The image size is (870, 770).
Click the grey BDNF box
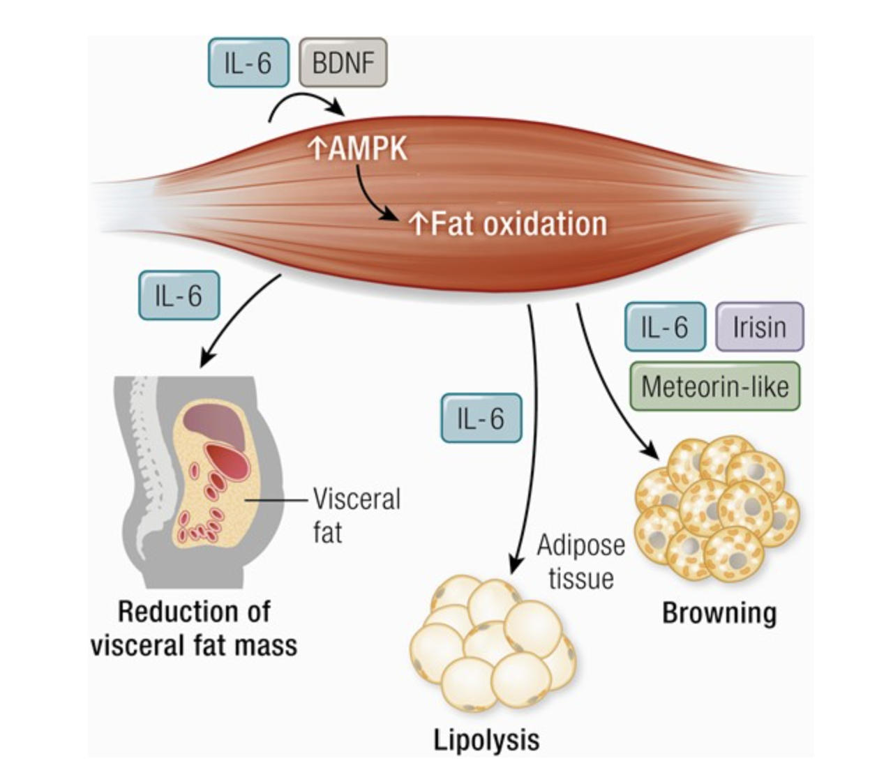click(x=343, y=63)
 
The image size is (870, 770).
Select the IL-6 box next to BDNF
click(x=248, y=63)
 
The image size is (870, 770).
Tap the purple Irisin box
click(x=759, y=326)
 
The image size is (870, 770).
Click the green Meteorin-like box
click(x=714, y=386)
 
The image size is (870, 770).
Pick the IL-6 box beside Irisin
click(x=665, y=326)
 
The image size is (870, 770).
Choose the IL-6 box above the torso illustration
click(x=179, y=296)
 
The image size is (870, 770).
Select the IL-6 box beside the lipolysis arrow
click(x=481, y=418)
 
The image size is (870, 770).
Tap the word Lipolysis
click(x=486, y=739)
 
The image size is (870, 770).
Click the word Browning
click(x=719, y=613)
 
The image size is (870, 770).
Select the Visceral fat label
click(x=356, y=515)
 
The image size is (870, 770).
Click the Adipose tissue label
click(x=580, y=561)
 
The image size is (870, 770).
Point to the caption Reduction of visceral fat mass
click(x=194, y=628)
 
